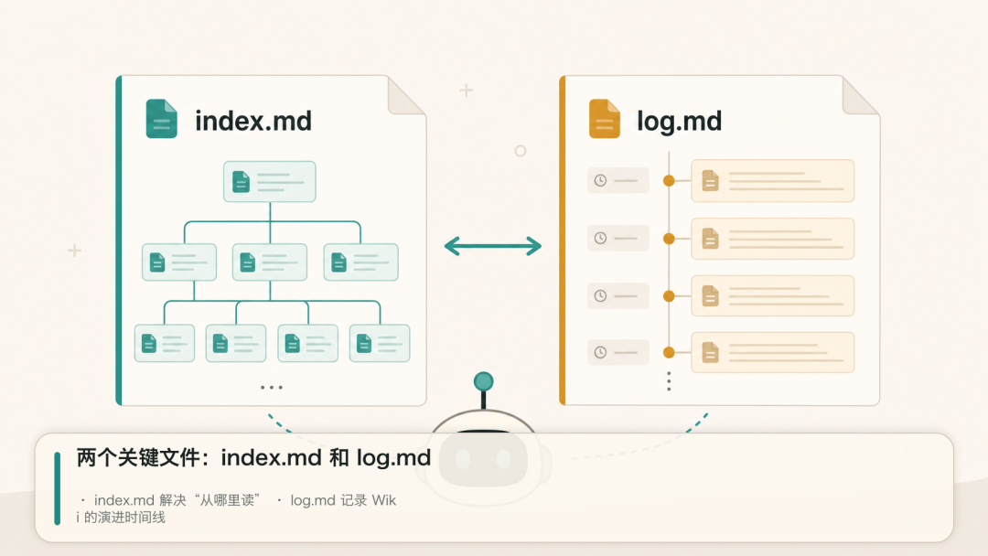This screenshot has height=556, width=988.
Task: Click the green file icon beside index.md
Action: point(161,118)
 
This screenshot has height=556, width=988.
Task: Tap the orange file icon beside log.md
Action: point(605,118)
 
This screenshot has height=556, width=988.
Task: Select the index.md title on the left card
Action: point(253,121)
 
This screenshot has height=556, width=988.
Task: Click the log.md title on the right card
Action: point(679,122)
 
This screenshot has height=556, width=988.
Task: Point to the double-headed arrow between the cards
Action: point(493,246)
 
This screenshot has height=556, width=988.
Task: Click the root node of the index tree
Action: point(270,181)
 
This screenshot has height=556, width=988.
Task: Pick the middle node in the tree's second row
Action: point(270,262)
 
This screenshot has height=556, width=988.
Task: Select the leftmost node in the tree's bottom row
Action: point(165,343)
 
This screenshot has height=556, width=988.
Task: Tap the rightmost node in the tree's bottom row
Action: point(380,343)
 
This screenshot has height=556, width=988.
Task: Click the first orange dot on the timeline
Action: point(669,181)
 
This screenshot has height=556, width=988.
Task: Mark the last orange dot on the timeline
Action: point(669,353)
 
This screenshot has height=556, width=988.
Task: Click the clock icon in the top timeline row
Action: point(600,181)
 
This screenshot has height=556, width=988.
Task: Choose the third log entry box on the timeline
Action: point(772,295)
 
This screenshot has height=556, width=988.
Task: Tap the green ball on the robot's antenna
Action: point(483,381)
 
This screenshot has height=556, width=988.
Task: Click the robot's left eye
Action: point(463,459)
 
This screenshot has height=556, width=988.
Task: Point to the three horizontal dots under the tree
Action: point(272,387)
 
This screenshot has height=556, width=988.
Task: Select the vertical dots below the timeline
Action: point(669,381)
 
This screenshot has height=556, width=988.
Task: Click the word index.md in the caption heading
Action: point(272,458)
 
